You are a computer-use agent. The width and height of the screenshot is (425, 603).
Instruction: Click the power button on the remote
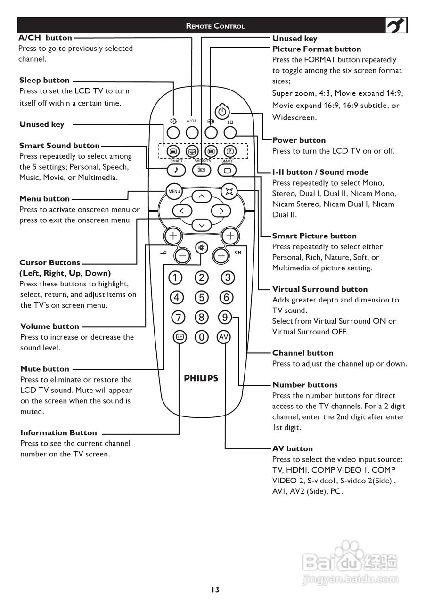pos(222,112)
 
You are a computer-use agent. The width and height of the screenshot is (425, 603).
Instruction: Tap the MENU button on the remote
pos(174,191)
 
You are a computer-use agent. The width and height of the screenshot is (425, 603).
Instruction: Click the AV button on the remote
pos(223,337)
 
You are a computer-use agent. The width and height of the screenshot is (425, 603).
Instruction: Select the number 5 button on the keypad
pos(202,297)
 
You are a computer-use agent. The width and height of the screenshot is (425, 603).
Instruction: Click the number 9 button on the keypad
pos(225,318)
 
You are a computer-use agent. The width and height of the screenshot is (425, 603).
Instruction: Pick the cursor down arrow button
pos(202,225)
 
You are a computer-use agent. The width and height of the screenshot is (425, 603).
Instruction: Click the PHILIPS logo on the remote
pos(201,378)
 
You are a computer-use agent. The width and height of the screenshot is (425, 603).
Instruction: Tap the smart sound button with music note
pos(176,170)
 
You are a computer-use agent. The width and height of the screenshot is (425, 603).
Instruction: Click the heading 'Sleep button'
pos(44,81)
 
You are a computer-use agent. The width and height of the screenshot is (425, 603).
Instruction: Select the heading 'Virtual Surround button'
pos(319,289)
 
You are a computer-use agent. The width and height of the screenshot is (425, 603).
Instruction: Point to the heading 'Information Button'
pos(58,433)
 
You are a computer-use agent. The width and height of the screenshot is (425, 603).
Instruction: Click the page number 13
pos(215,590)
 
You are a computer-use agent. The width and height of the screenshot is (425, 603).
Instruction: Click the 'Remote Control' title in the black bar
pos(215,26)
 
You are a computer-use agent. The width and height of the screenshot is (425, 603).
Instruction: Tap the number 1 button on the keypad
pos(175,277)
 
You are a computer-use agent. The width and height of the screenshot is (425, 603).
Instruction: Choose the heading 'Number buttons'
pos(305,385)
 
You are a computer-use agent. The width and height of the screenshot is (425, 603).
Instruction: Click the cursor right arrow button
pos(219,211)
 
